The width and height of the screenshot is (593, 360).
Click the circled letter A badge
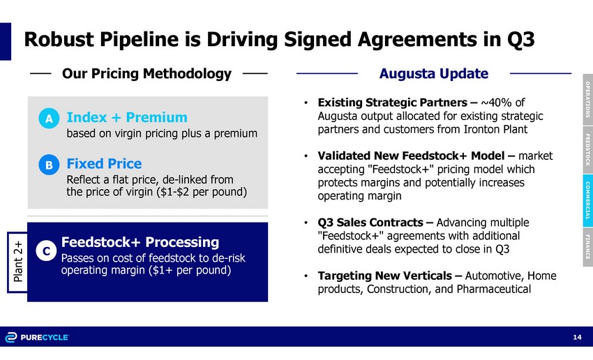[x=49, y=119]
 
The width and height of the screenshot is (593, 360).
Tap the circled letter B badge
[x=49, y=165]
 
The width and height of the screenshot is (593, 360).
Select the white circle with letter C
[x=46, y=250]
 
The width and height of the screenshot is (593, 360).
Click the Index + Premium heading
[x=127, y=118]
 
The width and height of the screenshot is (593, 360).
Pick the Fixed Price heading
[x=105, y=164]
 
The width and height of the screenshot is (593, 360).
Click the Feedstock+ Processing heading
[x=140, y=242]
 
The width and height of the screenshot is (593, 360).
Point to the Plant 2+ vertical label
[x=17, y=262]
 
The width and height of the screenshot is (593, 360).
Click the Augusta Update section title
[x=434, y=73]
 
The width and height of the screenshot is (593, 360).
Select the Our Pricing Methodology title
[x=147, y=74]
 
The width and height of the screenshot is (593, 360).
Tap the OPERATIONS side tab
[x=587, y=100]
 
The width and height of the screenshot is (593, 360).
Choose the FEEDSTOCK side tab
[x=587, y=150]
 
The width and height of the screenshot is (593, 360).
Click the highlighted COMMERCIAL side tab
[x=587, y=200]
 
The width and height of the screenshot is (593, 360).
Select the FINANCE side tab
[x=587, y=247]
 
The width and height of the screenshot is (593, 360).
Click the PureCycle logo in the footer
[x=37, y=337]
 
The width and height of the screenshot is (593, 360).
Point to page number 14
[x=577, y=337]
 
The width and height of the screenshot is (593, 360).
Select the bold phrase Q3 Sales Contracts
[x=370, y=223]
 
